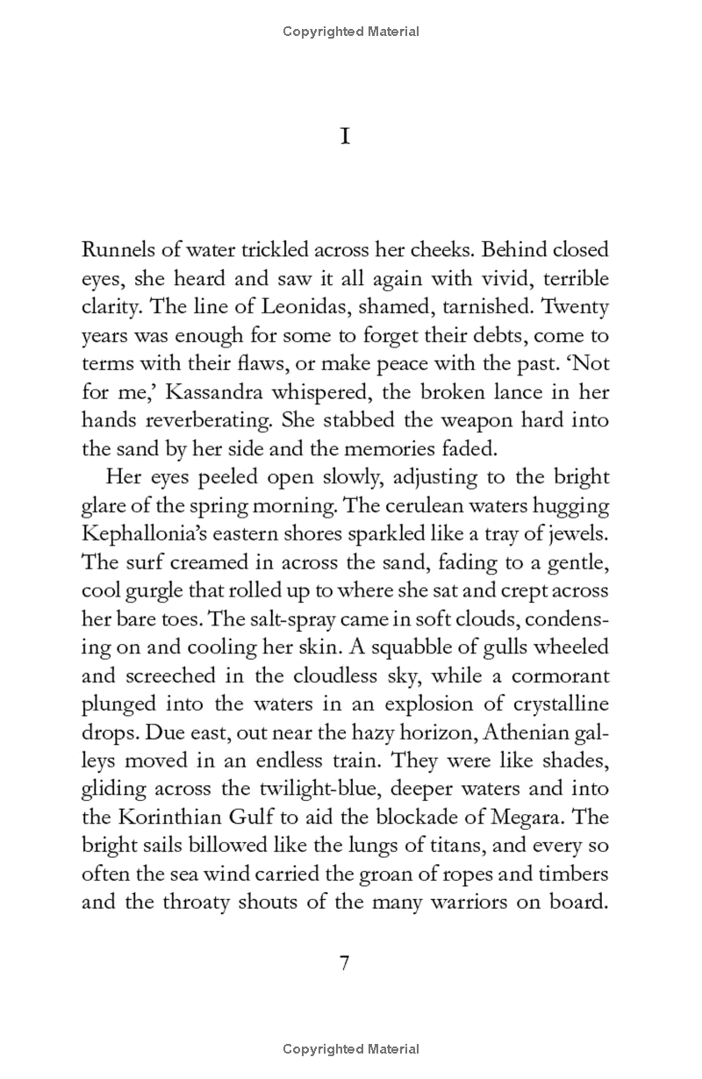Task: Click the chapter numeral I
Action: tap(345, 138)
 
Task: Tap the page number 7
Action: tap(345, 963)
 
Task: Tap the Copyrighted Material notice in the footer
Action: tap(351, 1049)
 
